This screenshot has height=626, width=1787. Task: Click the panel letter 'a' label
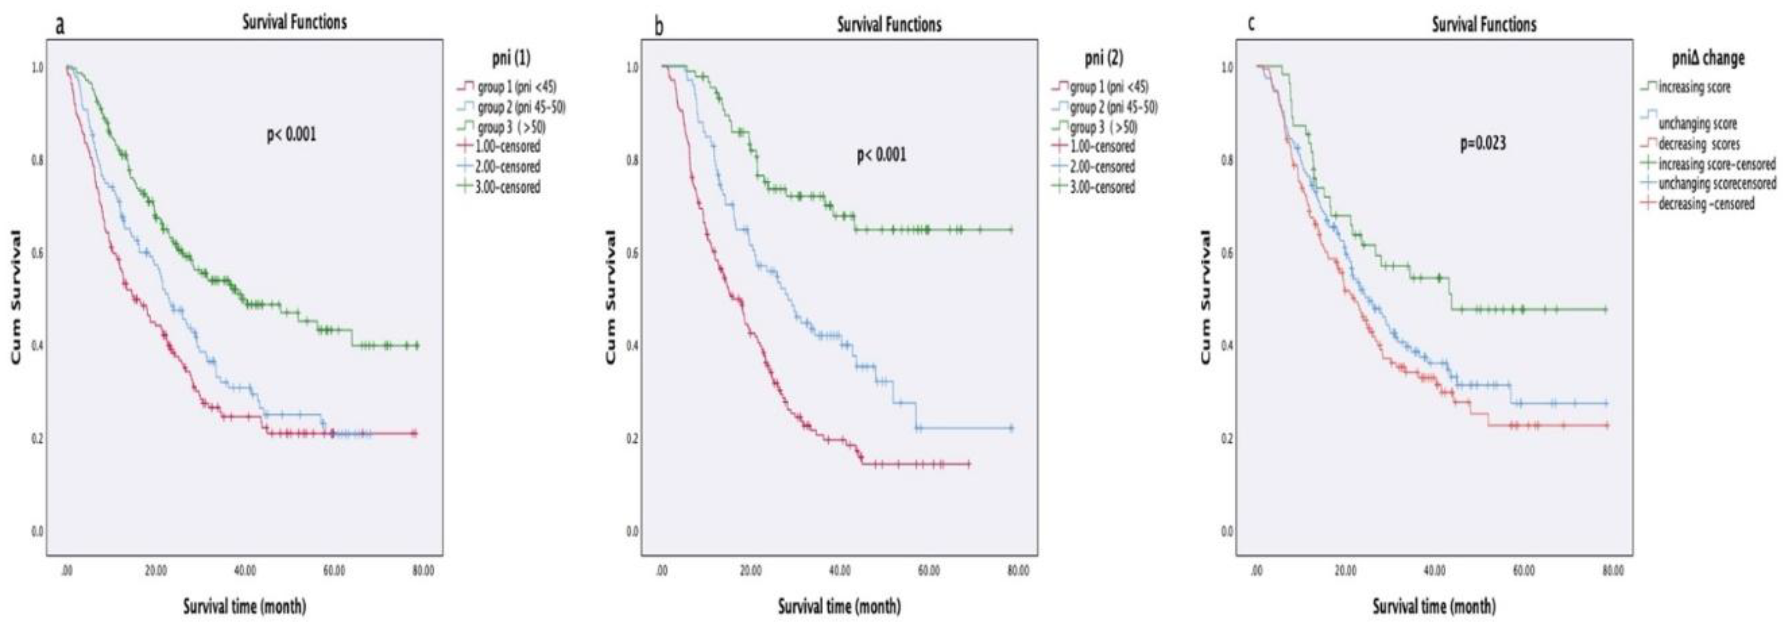pyautogui.click(x=60, y=26)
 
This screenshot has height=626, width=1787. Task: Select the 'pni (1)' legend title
pyautogui.click(x=511, y=58)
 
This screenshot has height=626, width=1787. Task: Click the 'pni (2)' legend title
pyautogui.click(x=1104, y=58)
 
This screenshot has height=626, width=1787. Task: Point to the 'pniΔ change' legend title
pyautogui.click(x=1707, y=58)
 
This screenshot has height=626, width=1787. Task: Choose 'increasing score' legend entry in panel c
pyautogui.click(x=1693, y=87)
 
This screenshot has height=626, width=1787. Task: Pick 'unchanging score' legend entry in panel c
pyautogui.click(x=1697, y=123)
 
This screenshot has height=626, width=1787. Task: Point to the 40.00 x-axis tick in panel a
pyautogui.click(x=245, y=570)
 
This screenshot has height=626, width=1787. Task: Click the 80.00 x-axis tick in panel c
pyautogui.click(x=1613, y=570)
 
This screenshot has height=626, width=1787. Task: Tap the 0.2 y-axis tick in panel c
pyautogui.click(x=1227, y=439)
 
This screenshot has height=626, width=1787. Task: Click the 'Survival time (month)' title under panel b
pyautogui.click(x=839, y=607)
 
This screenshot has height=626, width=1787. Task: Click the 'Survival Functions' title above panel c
pyautogui.click(x=1484, y=25)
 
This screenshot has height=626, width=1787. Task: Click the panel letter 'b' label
pyautogui.click(x=659, y=27)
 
